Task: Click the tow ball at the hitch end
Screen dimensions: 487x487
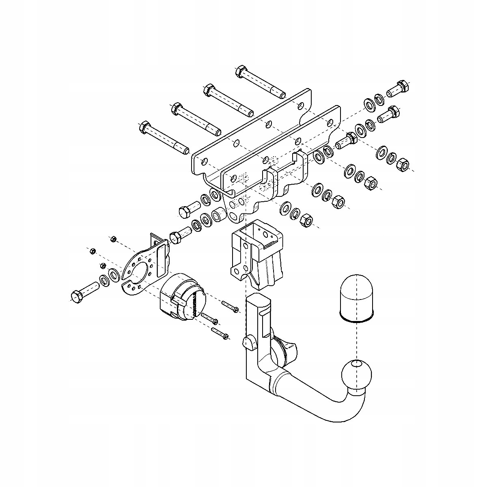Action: [356, 376]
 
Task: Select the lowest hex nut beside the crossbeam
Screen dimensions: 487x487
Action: [306, 220]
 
